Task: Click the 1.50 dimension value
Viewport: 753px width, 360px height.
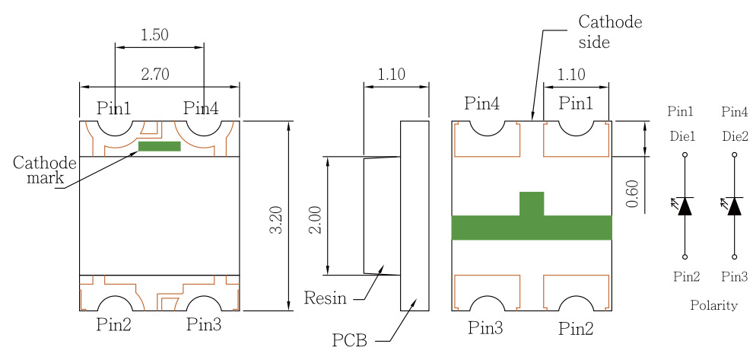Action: [x=154, y=35]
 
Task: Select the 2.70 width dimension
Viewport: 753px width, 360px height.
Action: [x=155, y=75]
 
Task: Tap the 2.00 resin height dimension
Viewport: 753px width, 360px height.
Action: [x=315, y=221]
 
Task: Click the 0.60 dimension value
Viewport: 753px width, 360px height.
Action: [x=633, y=193]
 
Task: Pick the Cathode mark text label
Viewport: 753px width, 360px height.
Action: [x=44, y=170]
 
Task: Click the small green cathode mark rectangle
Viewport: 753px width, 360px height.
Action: [x=160, y=146]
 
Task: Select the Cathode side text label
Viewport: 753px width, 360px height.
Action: [x=610, y=32]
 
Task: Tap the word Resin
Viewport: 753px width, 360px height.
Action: [x=325, y=298]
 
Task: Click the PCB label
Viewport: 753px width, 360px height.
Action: [x=350, y=340]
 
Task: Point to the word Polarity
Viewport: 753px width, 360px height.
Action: [x=713, y=305]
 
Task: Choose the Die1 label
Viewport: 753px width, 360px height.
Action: [x=683, y=137]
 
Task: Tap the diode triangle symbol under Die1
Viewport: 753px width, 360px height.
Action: [x=685, y=206]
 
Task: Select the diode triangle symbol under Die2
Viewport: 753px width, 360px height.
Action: [x=734, y=206]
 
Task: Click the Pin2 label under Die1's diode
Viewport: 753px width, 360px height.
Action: [x=686, y=276]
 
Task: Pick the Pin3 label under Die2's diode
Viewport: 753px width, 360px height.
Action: [x=735, y=276]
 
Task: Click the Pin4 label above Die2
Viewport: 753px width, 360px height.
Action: [x=735, y=113]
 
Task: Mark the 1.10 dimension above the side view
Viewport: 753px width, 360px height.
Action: [x=392, y=75]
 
